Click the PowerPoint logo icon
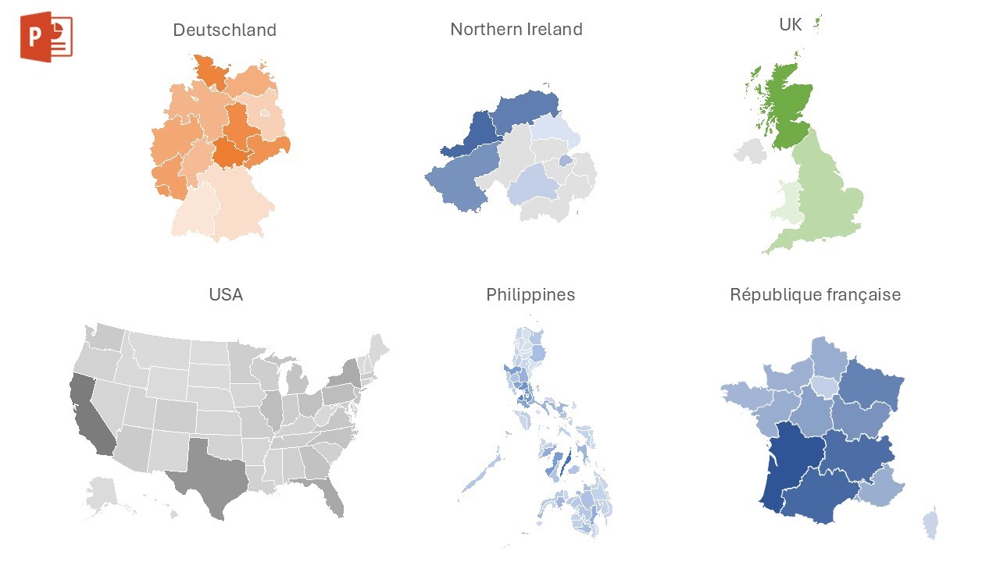(46, 37)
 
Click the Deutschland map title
(224, 30)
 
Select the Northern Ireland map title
(516, 30)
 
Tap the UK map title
(790, 24)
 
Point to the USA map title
(226, 295)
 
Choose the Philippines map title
(530, 295)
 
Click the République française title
(815, 295)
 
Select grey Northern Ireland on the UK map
(751, 150)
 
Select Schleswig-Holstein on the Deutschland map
(209, 71)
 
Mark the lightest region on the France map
(823, 386)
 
